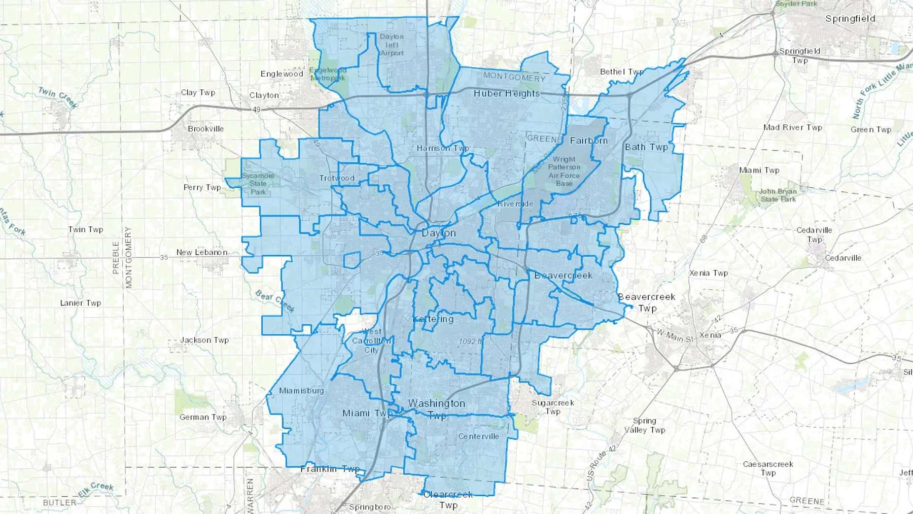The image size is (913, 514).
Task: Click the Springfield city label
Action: pos(850,19)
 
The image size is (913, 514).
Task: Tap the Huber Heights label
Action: pos(506,93)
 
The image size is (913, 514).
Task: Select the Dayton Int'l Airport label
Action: pos(392,45)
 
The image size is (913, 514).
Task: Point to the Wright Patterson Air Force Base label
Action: pos(564,171)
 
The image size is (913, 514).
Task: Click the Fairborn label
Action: pos(588,141)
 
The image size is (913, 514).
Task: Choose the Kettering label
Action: pos(433,319)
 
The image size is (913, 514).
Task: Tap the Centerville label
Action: pos(478,436)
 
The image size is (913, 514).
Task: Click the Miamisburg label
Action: pos(301,391)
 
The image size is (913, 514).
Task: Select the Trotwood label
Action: pos(337,178)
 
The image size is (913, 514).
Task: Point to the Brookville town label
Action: pos(205,129)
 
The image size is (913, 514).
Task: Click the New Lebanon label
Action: pos(202,252)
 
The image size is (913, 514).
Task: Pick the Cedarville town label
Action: pos(843,258)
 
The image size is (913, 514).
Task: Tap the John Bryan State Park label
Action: pos(778,195)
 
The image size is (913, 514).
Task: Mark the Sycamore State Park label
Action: pos(258,184)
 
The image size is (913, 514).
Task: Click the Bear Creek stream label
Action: pos(274,301)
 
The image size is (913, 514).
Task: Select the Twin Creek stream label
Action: pos(58,97)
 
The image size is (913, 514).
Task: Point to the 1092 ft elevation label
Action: pos(470,341)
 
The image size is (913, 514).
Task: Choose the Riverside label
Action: pos(515,204)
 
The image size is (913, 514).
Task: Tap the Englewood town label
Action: pos(282,74)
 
